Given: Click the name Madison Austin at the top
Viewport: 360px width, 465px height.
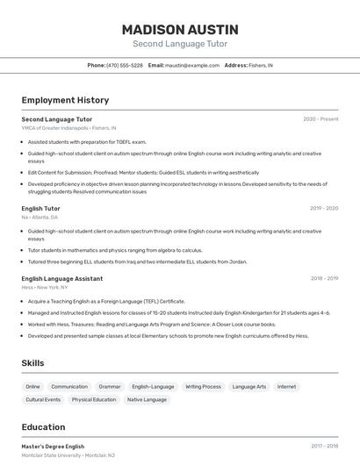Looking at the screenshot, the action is [x=180, y=29].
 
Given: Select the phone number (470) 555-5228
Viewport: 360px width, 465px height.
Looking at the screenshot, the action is [x=125, y=65].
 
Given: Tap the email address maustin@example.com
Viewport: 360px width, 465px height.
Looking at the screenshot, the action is [x=192, y=65].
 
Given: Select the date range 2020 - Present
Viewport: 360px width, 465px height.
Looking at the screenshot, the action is [x=320, y=119].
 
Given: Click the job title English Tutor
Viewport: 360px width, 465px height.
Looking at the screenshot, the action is [x=40, y=209].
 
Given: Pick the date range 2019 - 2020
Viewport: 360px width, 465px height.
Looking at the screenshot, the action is [x=324, y=209].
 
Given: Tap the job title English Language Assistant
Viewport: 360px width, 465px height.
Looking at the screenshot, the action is [x=61, y=278].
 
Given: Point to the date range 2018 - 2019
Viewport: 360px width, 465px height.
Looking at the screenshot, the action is [x=324, y=278].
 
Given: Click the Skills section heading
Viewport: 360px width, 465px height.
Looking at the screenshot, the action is [x=33, y=362].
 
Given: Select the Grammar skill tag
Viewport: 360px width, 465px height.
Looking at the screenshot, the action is [x=110, y=386].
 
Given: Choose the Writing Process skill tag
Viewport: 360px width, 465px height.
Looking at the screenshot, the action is [x=203, y=386].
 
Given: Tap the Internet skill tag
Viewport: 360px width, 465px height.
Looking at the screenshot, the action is [x=286, y=386].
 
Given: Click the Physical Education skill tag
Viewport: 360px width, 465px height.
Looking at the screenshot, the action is [x=94, y=400].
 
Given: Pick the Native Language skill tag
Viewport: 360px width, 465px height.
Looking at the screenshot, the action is [x=147, y=400].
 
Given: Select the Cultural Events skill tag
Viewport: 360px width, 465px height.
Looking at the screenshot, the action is [x=43, y=400].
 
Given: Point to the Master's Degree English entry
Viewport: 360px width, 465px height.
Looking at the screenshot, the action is [x=53, y=447].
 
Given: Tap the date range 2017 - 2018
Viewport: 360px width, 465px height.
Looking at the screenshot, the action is [x=324, y=447].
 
